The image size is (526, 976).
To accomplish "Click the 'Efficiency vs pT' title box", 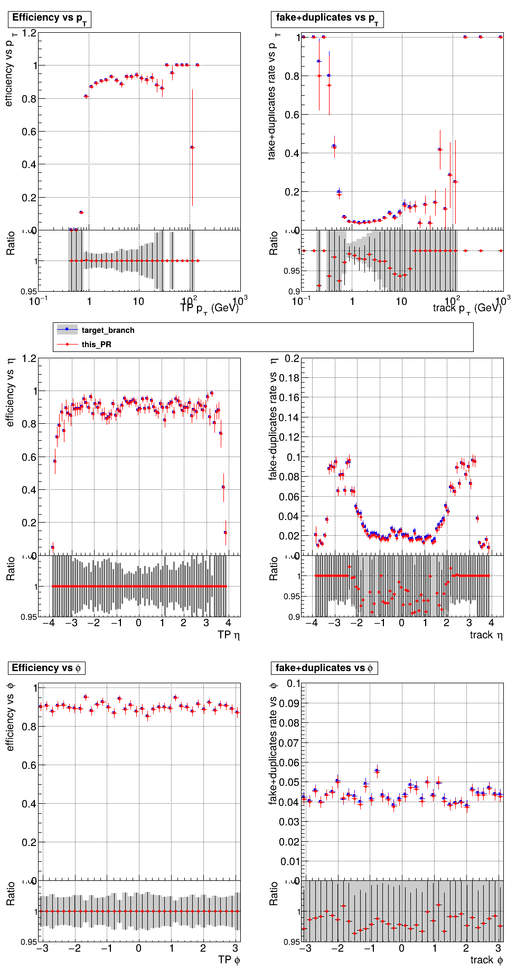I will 50,19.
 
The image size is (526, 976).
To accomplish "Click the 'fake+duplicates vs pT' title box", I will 327,19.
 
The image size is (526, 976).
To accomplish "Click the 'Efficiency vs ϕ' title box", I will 46,668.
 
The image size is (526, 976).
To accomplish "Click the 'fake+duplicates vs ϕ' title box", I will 324,668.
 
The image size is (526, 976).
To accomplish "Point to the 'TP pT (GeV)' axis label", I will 210,308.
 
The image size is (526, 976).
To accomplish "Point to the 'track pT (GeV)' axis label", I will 467,308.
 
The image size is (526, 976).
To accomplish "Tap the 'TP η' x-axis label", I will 228,635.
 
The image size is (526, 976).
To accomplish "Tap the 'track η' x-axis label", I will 486,635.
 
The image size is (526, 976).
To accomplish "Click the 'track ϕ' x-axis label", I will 486,960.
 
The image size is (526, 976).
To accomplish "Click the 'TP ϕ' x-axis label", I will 229,960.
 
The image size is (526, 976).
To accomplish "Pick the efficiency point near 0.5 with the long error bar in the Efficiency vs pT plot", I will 192,147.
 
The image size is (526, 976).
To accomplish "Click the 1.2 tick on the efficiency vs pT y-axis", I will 30,33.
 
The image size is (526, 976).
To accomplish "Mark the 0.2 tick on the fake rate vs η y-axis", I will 292,359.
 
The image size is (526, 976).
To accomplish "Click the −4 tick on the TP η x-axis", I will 49,622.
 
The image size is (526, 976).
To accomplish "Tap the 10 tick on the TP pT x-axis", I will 139,301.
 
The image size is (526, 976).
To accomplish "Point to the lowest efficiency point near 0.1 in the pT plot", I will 81,212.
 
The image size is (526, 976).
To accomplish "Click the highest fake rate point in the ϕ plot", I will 377,771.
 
